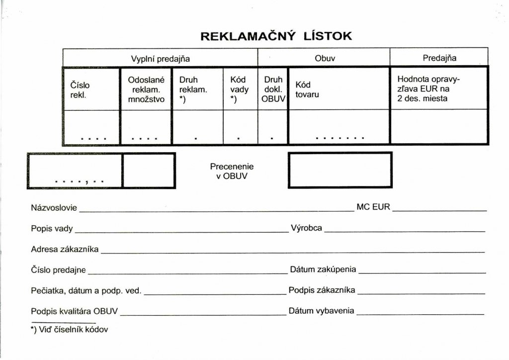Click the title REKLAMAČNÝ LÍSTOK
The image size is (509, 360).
point(276,36)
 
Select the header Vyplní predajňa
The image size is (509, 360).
point(161,59)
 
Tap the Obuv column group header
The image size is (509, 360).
point(325,58)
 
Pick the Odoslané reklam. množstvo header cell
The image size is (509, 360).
point(146,90)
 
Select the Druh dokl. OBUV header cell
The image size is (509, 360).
point(273,90)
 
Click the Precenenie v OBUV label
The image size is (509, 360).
point(232,171)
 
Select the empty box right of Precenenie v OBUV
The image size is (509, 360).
point(340,170)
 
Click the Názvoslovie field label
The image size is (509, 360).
point(54,208)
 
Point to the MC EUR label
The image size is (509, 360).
point(373,207)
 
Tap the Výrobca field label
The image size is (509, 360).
point(306,228)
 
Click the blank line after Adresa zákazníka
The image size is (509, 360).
point(293,252)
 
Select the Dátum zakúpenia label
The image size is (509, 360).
point(323,269)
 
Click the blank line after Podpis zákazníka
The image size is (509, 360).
point(421,294)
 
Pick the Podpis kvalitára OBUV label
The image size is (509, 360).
point(75,311)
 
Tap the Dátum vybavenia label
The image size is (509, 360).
point(322,311)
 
